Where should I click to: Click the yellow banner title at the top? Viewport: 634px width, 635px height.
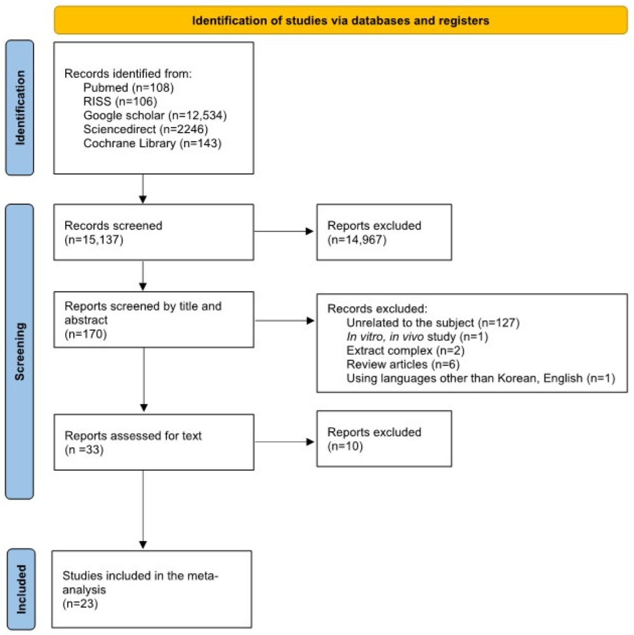[340, 21]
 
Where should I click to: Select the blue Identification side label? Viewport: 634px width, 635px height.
[20, 108]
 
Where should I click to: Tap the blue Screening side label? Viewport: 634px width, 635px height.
[20, 351]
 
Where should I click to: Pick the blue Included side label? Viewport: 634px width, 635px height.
[21, 589]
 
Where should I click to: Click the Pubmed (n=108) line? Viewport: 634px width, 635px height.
[128, 87]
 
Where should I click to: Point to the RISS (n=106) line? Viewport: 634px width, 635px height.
[120, 101]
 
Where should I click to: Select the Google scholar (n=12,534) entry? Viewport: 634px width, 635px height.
[155, 115]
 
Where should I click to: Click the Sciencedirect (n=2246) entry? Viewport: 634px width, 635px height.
[145, 129]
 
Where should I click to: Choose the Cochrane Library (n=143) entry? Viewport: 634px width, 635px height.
[152, 143]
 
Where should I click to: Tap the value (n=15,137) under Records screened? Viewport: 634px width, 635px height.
[94, 240]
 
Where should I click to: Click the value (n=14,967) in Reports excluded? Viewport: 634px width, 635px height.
[357, 240]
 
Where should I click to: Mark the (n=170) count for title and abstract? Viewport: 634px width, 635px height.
[85, 334]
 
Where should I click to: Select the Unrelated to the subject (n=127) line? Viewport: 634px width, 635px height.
[433, 323]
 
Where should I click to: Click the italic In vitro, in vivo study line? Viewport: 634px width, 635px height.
[417, 337]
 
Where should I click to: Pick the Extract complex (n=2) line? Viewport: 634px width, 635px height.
[405, 351]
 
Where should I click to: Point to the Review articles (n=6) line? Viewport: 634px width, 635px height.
[403, 364]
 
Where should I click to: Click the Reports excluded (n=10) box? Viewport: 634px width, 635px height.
[384, 438]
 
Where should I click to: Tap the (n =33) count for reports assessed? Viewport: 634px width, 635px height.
[84, 449]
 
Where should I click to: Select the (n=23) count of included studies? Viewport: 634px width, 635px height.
[80, 604]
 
